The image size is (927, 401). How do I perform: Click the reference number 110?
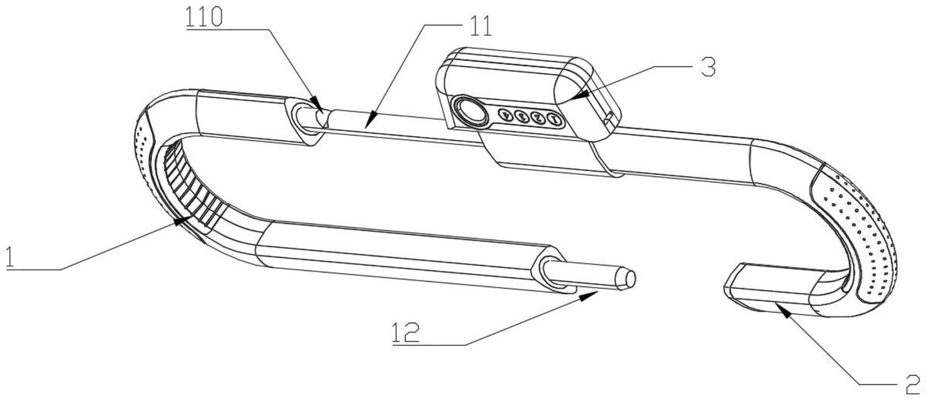point(204,18)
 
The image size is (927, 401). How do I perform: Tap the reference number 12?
point(406,333)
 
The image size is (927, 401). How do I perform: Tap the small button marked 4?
point(506,116)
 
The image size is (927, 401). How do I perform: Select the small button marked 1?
point(553,119)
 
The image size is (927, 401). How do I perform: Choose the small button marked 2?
point(538,118)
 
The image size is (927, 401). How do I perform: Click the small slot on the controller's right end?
point(609,117)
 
